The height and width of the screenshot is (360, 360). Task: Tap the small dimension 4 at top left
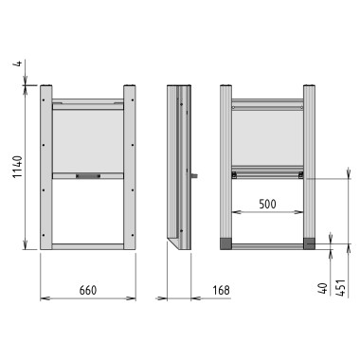tap(16, 66)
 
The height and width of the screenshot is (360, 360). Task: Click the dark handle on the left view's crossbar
tap(87, 175)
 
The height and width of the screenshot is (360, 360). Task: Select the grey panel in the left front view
tap(87, 137)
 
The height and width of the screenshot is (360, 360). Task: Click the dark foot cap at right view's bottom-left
tap(225, 243)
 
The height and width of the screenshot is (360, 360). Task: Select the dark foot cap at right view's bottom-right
tap(308, 243)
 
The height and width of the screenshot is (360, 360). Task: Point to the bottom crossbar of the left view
tap(87, 246)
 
